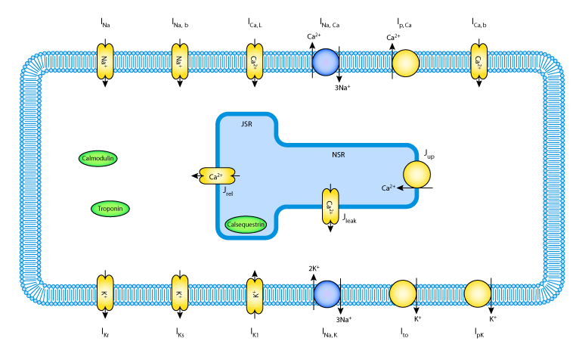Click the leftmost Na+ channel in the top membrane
pyautogui.click(x=104, y=61)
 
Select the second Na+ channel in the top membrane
pyautogui.click(x=179, y=61)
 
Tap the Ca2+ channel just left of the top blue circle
pyautogui.click(x=255, y=61)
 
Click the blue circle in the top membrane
pyautogui.click(x=326, y=62)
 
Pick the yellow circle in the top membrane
pyautogui.click(x=405, y=63)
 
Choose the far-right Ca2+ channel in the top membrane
pyautogui.click(x=478, y=61)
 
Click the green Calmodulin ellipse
pyautogui.click(x=98, y=159)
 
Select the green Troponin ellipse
pyautogui.click(x=110, y=209)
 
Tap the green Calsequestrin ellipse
pyautogui.click(x=246, y=225)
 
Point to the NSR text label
pyautogui.click(x=338, y=155)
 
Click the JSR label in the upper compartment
pyautogui.click(x=246, y=124)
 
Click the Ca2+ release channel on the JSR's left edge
pyautogui.click(x=217, y=176)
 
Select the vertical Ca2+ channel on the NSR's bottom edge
pyautogui.click(x=330, y=205)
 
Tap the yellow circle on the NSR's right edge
pyautogui.click(x=417, y=175)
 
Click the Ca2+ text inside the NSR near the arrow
pyautogui.click(x=388, y=188)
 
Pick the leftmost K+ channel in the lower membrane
pyautogui.click(x=104, y=293)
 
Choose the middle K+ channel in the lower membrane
pyautogui.click(x=179, y=293)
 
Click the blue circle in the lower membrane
pyautogui.click(x=327, y=293)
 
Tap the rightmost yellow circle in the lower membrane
pyautogui.click(x=478, y=293)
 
